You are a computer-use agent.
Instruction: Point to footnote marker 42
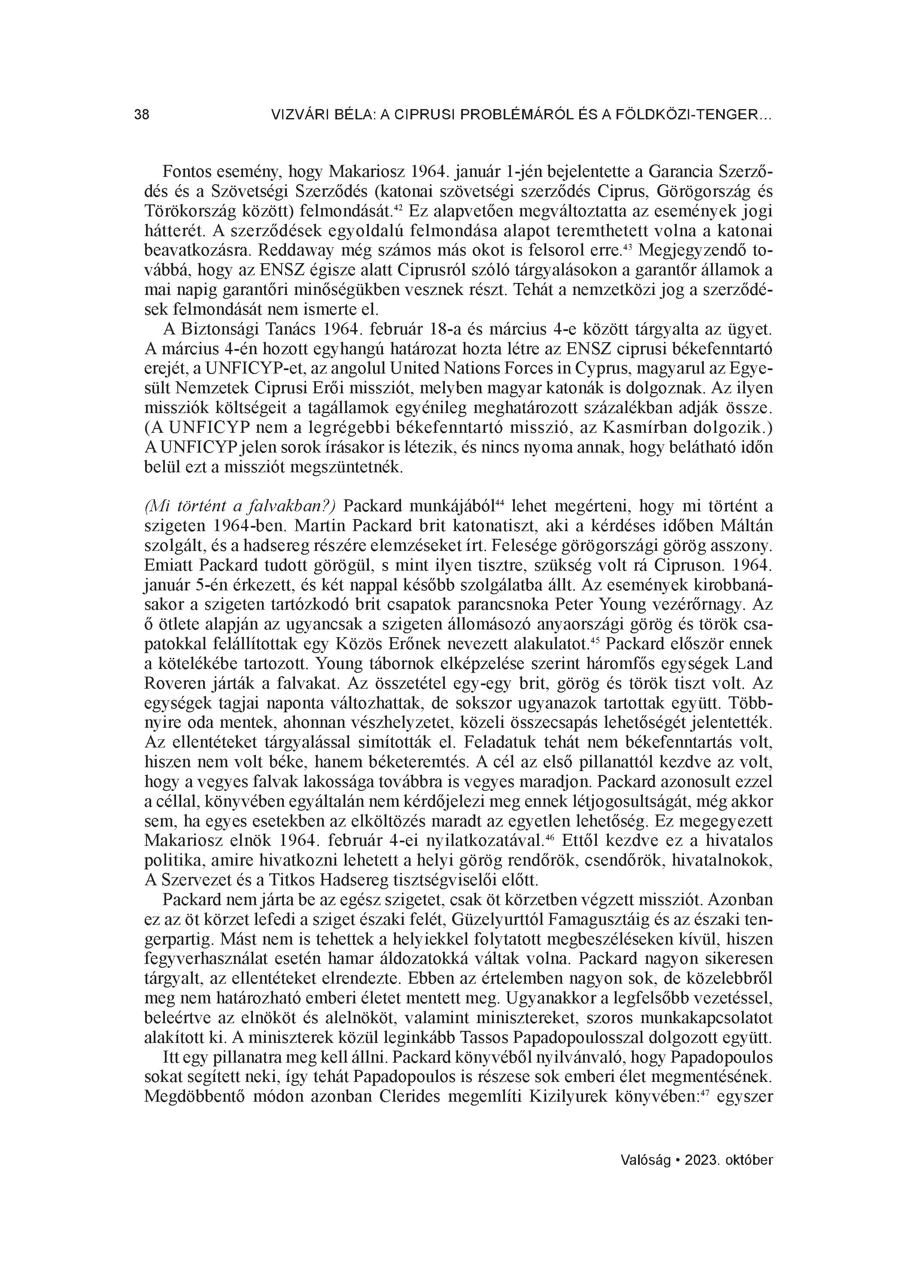[x=398, y=208]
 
